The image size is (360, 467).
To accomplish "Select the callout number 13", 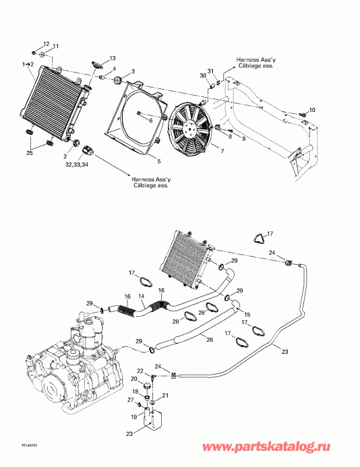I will pyautogui.click(x=113, y=58).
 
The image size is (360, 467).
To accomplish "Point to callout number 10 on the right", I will pyautogui.click(x=311, y=109).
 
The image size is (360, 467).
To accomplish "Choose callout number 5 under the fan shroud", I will pyautogui.click(x=158, y=161).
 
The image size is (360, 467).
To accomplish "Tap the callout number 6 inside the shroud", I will pyautogui.click(x=142, y=121).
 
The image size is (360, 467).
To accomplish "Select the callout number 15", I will pyautogui.click(x=247, y=315).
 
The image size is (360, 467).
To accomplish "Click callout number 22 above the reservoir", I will pyautogui.click(x=140, y=371).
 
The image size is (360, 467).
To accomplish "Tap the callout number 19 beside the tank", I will pyautogui.click(x=133, y=417).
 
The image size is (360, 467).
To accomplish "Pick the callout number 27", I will pyautogui.click(x=130, y=400).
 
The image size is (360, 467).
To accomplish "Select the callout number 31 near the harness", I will pyautogui.click(x=210, y=72).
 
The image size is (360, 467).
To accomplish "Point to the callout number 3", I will pyautogui.click(x=133, y=71).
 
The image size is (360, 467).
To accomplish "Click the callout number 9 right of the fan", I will pyautogui.click(x=243, y=139).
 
